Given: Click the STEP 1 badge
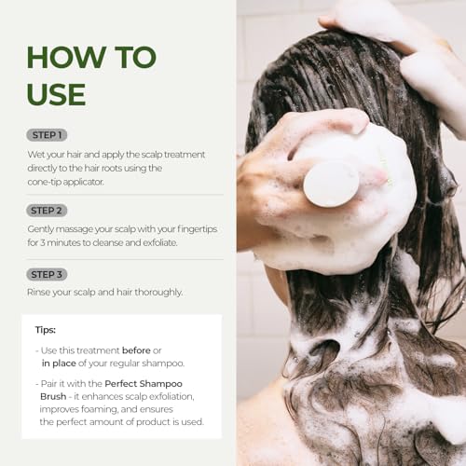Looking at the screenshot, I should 47,135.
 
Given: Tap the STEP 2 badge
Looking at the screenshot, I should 47,211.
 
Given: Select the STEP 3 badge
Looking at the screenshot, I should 47,274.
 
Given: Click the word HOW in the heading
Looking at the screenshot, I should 67,58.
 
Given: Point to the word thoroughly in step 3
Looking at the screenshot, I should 153,292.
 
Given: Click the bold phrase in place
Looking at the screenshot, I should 63,363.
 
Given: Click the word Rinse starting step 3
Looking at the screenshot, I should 40,292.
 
